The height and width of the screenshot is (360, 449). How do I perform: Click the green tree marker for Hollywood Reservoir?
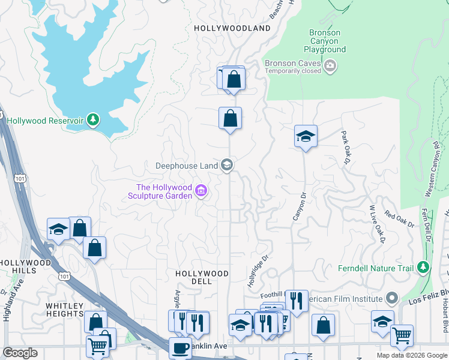click(x=92, y=120)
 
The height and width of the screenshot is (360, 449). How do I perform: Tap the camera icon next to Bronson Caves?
click(x=330, y=65)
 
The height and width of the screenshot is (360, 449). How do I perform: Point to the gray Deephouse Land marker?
click(x=227, y=164)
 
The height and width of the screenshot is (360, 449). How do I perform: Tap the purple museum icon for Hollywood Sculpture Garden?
click(x=202, y=192)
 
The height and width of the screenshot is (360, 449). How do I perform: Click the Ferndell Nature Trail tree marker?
click(x=424, y=267)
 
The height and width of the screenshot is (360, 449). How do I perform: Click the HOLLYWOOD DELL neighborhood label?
click(x=202, y=278)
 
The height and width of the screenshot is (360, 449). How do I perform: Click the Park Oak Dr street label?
click(x=345, y=147)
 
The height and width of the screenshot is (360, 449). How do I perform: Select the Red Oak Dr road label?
click(x=399, y=218)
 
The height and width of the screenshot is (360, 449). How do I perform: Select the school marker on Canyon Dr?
click(x=306, y=137)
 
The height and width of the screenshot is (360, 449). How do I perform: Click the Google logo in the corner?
click(x=20, y=353)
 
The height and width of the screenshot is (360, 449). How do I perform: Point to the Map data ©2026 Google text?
click(x=412, y=355)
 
